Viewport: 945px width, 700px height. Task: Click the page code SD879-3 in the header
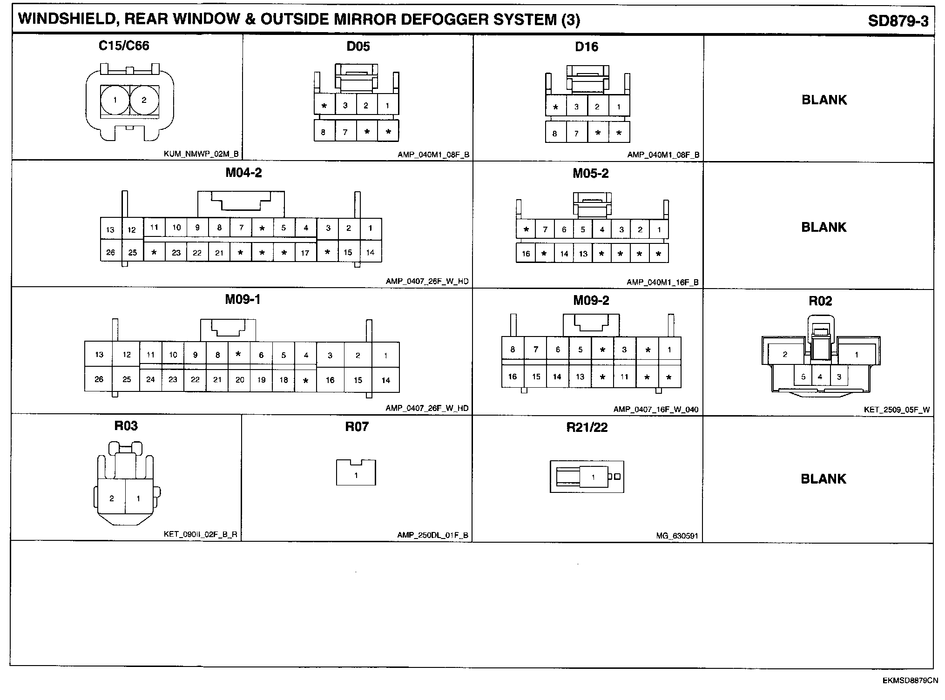coord(898,21)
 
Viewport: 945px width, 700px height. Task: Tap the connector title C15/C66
coord(124,46)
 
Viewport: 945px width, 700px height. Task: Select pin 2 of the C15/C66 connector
coord(144,100)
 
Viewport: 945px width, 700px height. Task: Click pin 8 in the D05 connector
coord(324,132)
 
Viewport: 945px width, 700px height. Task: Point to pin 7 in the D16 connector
coord(576,134)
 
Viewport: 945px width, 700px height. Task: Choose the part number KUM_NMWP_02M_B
coord(201,154)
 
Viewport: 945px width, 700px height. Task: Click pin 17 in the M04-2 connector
coord(305,253)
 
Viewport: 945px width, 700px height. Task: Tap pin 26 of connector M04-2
coord(110,252)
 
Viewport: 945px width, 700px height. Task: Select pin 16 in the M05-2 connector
coord(526,254)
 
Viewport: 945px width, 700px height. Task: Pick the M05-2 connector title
coord(590,173)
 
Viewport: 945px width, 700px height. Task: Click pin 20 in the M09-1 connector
coord(240,380)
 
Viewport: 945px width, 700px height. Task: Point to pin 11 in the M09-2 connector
coord(624,377)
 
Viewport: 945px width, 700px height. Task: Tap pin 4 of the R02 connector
coord(820,377)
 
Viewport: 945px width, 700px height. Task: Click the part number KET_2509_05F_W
coord(897,410)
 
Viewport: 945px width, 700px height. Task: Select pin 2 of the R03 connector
coord(112,498)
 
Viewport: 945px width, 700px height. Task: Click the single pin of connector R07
coord(356,475)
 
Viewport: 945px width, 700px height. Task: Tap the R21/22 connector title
coord(587,427)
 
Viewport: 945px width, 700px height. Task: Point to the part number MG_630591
coord(677,536)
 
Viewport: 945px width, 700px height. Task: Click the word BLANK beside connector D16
coord(824,100)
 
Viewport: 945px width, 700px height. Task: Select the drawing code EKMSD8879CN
coord(910,680)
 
